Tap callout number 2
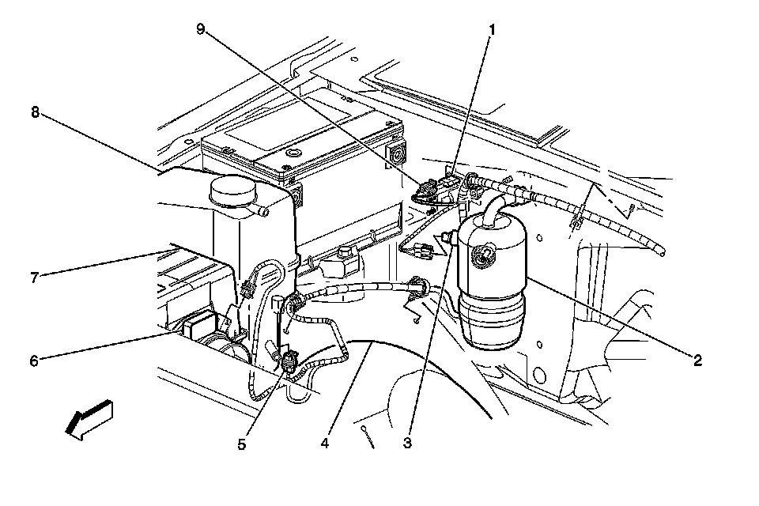697,360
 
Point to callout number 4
324,443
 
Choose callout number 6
34,361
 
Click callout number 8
34,111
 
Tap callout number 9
200,29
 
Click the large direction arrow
89,419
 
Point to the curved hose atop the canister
494,208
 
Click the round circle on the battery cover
292,151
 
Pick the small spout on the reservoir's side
261,213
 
